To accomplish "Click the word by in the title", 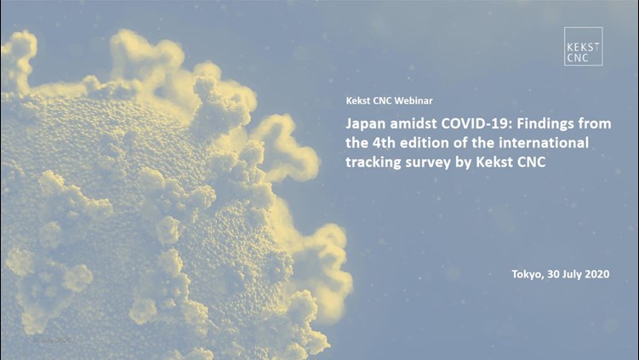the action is tap(464, 163).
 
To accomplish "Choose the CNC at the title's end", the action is tap(531, 162).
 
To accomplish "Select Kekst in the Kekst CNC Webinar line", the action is tap(357, 100).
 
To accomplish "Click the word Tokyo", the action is tap(528, 274).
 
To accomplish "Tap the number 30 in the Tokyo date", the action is tap(553, 274).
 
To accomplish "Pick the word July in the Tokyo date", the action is tap(572, 274).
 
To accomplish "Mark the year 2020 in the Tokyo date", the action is tap(597, 274).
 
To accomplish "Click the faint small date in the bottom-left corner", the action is tap(52, 340).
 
